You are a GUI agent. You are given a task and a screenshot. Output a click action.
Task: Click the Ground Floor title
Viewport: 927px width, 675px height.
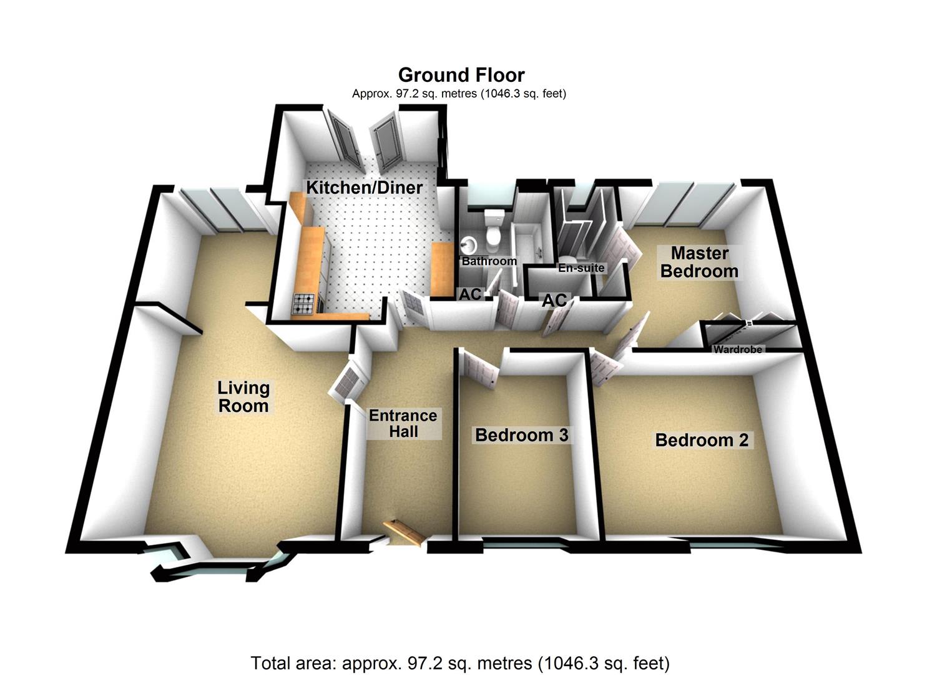click(461, 75)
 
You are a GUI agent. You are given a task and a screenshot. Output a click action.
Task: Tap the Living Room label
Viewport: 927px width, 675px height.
click(243, 396)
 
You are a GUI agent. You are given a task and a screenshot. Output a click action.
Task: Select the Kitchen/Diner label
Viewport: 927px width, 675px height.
click(364, 187)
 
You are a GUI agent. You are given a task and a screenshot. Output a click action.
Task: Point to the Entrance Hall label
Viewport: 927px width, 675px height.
click(403, 423)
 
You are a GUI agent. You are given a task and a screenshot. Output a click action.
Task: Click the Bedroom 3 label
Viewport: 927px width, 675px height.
click(521, 434)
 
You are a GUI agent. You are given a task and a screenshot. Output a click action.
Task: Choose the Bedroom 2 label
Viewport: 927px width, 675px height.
click(702, 439)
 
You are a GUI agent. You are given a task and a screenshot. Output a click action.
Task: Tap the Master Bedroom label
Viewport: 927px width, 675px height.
click(699, 262)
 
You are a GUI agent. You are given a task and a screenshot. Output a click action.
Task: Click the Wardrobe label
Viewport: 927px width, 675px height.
click(738, 349)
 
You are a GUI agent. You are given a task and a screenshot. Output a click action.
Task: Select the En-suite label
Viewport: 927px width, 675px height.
click(581, 268)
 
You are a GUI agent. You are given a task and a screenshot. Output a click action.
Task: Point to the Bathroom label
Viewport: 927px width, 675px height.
click(489, 261)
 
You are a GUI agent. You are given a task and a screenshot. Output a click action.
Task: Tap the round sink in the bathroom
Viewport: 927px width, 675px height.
click(469, 242)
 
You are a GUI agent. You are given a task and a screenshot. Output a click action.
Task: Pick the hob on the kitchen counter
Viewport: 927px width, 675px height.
click(305, 304)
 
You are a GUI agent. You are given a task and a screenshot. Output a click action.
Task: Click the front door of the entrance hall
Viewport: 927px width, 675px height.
click(403, 531)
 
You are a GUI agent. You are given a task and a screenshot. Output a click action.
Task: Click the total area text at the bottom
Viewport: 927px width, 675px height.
click(460, 662)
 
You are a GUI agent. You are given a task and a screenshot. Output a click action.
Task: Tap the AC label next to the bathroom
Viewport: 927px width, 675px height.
click(470, 294)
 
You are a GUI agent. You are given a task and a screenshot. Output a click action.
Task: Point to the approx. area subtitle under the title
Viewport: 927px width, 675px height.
click(459, 94)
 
